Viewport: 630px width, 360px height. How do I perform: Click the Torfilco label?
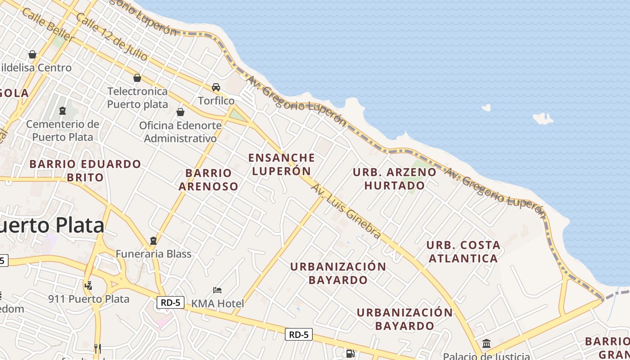pyautogui.click(x=216, y=100)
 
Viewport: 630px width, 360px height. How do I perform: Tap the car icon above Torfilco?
pyautogui.click(x=216, y=87)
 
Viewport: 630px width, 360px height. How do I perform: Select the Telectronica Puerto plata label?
pyautogui.click(x=137, y=98)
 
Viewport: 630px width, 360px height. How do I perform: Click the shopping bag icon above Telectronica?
pyautogui.click(x=137, y=78)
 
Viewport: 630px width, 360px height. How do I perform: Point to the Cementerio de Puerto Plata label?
pyautogui.click(x=62, y=130)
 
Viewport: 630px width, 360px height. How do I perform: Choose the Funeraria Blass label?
pyautogui.click(x=153, y=254)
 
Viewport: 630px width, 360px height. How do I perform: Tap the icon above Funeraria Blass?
pyautogui.click(x=153, y=240)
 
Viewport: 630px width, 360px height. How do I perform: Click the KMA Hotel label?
pyautogui.click(x=218, y=303)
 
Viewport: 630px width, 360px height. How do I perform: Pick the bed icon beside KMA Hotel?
pyautogui.click(x=217, y=290)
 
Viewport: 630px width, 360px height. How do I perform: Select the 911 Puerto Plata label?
pyautogui.click(x=89, y=299)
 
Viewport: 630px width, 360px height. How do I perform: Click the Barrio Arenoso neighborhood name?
pyautogui.click(x=208, y=180)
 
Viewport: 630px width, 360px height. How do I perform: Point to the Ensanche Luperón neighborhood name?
pyautogui.click(x=282, y=164)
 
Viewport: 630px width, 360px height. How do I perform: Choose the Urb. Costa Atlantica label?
pyautogui.click(x=463, y=252)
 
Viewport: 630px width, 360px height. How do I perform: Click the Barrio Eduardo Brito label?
pyautogui.click(x=85, y=170)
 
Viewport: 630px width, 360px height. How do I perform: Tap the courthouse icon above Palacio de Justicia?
pyautogui.click(x=486, y=344)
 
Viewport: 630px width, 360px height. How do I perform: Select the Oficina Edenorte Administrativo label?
pyautogui.click(x=180, y=132)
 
